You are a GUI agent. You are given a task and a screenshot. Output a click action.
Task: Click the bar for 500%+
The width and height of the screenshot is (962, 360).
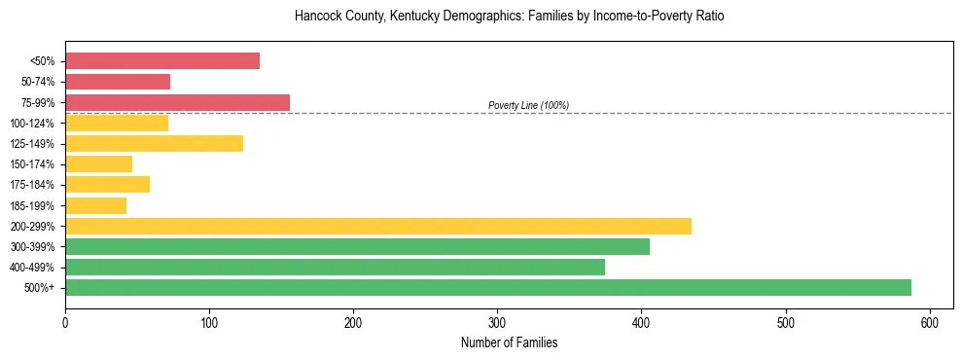coord(487,287)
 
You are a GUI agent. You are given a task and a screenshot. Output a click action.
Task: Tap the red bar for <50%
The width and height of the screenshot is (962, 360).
coord(162,61)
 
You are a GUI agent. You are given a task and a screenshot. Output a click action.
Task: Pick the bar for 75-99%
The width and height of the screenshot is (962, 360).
coord(177,102)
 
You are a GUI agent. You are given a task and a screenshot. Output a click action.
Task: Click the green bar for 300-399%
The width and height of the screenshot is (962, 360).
coord(357,246)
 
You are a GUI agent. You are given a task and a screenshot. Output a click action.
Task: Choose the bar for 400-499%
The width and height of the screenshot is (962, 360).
coord(335,267)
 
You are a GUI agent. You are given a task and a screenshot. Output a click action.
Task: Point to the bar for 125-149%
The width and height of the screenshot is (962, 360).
coord(154,144)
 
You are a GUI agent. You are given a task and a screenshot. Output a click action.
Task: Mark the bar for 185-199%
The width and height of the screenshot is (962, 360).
coord(95,205)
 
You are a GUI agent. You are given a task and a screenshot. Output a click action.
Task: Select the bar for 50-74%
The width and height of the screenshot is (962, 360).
coord(118,82)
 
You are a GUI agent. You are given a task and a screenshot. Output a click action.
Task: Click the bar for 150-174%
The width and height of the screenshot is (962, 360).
coord(98,164)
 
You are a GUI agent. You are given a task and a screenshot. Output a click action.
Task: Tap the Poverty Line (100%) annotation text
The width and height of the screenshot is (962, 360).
coord(528,105)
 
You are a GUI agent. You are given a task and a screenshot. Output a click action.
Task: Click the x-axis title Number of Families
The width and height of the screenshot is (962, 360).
coord(509,342)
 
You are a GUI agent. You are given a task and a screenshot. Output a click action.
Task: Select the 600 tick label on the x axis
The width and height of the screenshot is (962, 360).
coord(929,322)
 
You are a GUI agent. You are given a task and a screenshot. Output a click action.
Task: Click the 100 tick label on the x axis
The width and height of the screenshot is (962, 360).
coord(208,322)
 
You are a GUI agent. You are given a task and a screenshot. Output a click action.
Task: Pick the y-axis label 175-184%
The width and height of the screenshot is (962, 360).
coord(32,185)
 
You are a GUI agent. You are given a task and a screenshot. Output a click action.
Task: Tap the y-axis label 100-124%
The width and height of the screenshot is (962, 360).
coord(32,124)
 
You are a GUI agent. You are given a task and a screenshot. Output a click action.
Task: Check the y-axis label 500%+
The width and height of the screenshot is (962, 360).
coord(40,288)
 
